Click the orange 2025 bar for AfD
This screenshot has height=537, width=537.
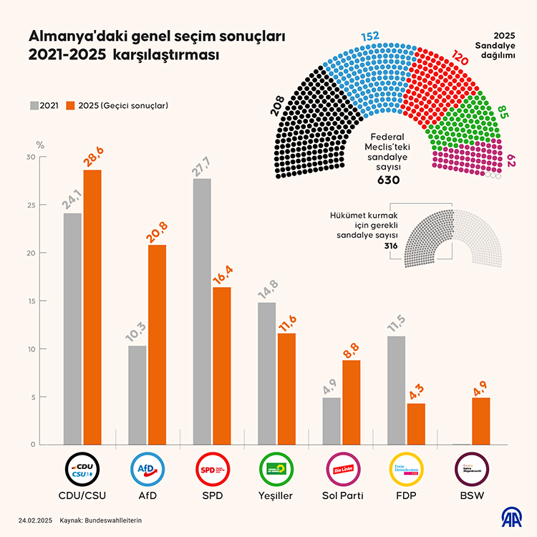157,344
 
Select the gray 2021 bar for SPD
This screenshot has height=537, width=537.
202,311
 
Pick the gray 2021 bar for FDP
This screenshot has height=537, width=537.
396,390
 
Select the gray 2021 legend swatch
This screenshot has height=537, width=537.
34,105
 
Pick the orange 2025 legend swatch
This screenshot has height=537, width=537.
70,105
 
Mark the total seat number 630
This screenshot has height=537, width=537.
388,180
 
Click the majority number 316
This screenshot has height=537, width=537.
390,246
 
